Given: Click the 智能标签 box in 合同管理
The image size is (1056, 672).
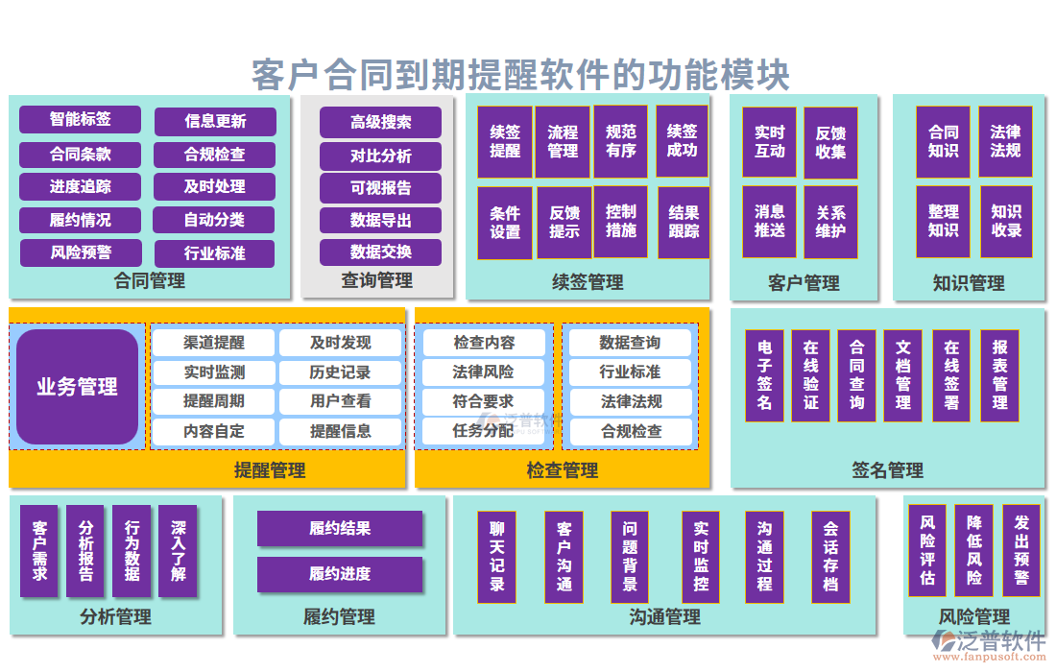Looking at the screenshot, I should click(80, 120).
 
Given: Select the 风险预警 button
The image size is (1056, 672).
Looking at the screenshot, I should click(80, 253).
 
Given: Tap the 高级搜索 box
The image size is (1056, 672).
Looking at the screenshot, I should click(380, 122).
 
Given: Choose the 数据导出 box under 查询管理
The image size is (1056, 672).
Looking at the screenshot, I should click(380, 220).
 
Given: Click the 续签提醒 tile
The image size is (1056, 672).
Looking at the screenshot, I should click(505, 142).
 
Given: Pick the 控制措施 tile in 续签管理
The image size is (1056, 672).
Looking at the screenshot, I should click(621, 222).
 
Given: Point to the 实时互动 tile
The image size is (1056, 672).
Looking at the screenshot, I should click(769, 142).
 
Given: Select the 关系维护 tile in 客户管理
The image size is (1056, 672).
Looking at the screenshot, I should click(830, 222).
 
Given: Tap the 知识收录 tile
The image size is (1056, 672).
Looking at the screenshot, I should click(1006, 222).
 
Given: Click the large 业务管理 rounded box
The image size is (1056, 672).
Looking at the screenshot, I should click(78, 387).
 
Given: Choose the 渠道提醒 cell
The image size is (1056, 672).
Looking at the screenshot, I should click(214, 343).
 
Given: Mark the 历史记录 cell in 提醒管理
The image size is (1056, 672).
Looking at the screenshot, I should click(340, 372).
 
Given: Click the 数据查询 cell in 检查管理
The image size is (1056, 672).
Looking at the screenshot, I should click(630, 343).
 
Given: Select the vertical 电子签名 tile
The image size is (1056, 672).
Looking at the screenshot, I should click(764, 375).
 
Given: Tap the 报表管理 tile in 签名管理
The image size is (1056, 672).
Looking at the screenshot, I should click(999, 375).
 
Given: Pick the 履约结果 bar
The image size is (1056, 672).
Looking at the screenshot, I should click(340, 528).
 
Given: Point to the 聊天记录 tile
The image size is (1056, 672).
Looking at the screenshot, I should click(497, 556).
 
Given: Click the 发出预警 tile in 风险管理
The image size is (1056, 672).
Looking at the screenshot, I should click(1021, 551).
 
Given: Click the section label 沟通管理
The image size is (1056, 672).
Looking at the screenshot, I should click(664, 616).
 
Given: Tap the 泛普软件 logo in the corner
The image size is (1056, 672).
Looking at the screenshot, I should click(989, 643).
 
